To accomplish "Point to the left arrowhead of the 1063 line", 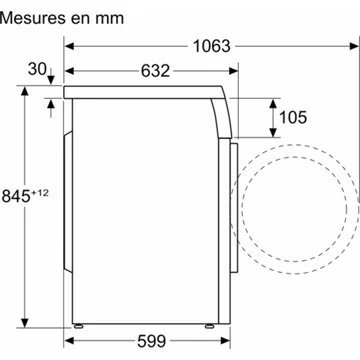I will point(68,46).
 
